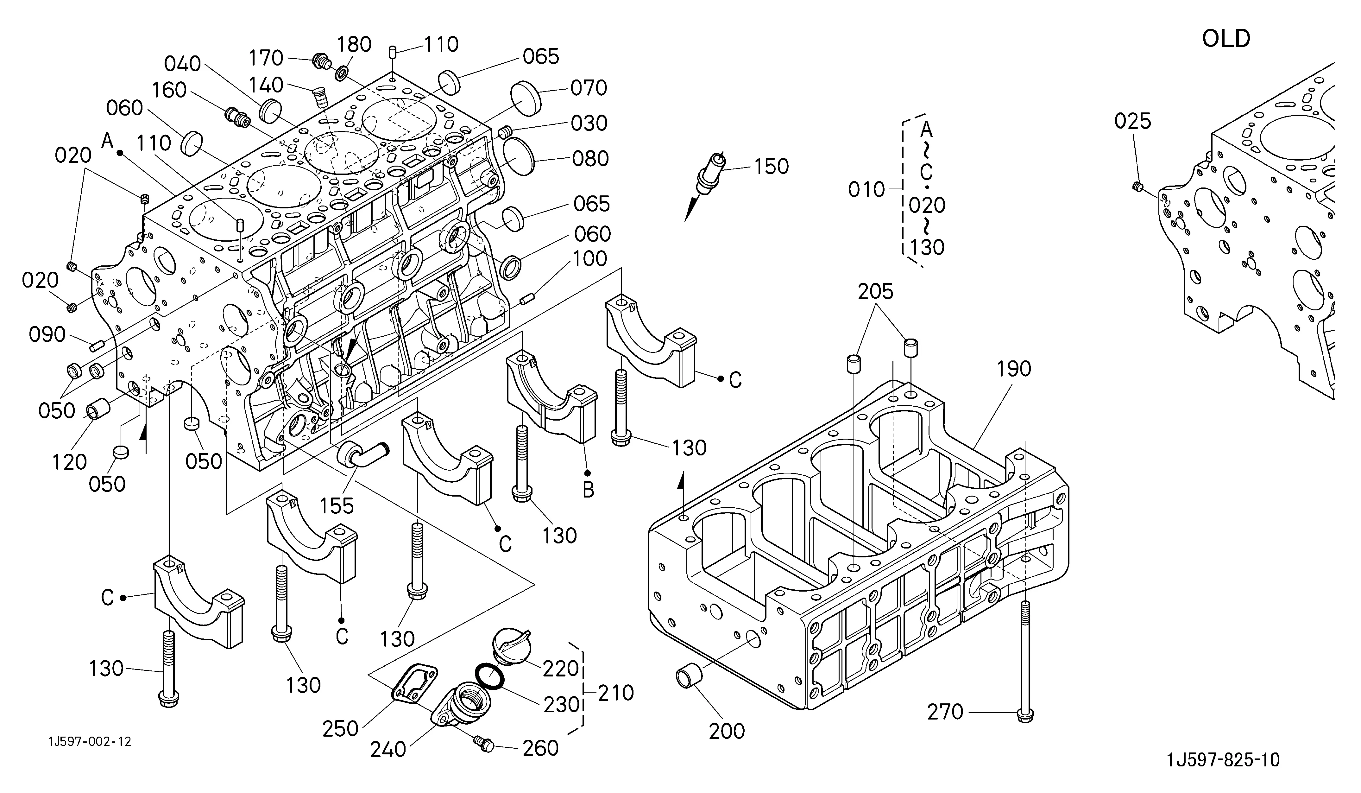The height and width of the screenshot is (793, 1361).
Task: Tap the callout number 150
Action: [x=771, y=166]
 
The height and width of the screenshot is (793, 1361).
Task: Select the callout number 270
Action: [x=945, y=712]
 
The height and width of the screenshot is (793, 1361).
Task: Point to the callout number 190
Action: [x=1014, y=369]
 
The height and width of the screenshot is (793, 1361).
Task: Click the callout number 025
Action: [x=1132, y=121]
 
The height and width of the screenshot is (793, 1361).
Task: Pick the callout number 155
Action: [x=337, y=506]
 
